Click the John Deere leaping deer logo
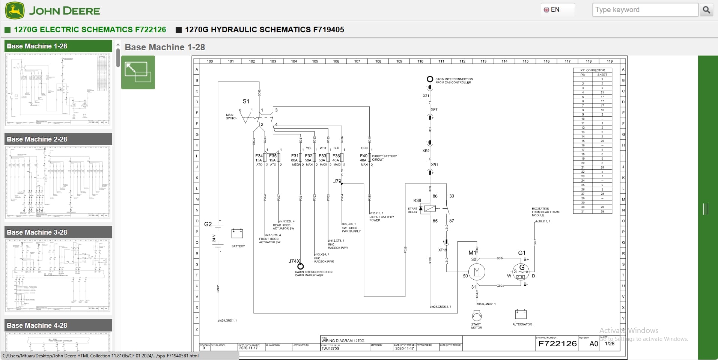(x=15, y=11)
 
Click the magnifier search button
(x=706, y=10)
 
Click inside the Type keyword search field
(x=645, y=10)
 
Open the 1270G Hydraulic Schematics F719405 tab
(x=264, y=30)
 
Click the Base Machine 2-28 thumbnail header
(x=58, y=139)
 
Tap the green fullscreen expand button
(x=138, y=72)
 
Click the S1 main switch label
(x=246, y=101)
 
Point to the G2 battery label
(x=208, y=224)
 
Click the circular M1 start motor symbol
(x=477, y=271)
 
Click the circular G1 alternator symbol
(x=521, y=272)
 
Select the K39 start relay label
(x=417, y=200)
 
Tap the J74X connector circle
(x=300, y=267)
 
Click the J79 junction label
(x=337, y=181)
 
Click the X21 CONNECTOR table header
(x=592, y=70)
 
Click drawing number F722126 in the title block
(x=557, y=343)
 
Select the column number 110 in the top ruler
(x=420, y=61)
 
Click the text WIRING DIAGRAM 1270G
(x=343, y=341)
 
